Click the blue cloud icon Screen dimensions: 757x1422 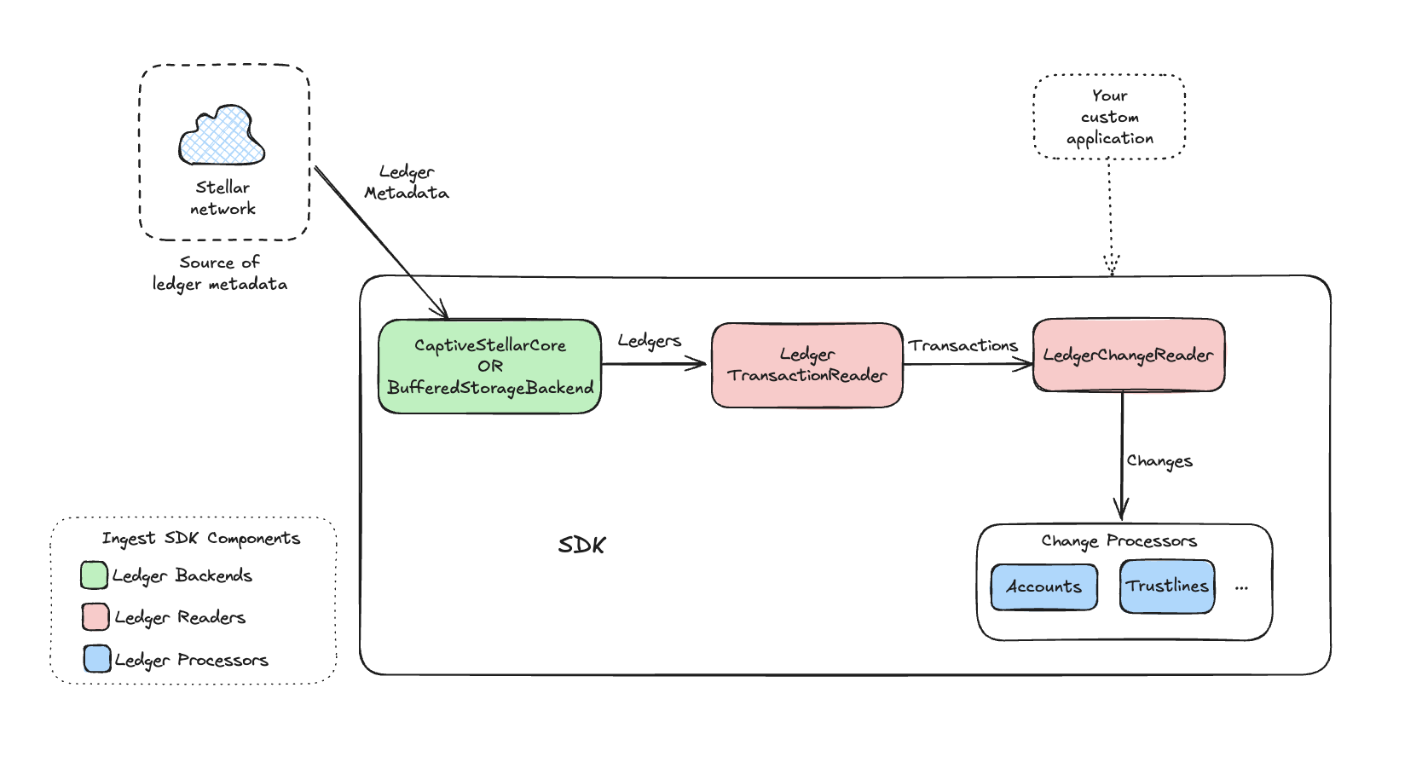point(222,136)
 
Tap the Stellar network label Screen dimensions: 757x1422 point(223,198)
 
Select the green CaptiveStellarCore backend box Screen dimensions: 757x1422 point(490,367)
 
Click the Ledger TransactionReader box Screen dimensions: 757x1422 point(807,365)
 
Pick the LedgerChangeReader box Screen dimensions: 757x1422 point(1129,355)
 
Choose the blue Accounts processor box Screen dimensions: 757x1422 point(1044,587)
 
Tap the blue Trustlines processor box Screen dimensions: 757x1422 point(1167,587)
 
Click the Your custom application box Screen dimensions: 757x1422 point(1109,117)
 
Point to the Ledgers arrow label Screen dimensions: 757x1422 point(650,341)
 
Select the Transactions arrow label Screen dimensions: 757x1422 point(963,345)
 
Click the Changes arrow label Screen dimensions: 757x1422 point(1159,461)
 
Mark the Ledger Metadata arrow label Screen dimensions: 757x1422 point(407,182)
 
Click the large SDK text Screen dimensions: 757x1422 point(582,546)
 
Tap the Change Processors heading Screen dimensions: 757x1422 point(1119,541)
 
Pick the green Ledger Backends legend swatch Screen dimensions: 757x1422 point(94,575)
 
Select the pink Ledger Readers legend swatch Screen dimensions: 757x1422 point(95,616)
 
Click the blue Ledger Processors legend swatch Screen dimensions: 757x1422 point(97,659)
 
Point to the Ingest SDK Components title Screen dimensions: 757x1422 point(201,539)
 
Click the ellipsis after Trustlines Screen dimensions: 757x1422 point(1241,587)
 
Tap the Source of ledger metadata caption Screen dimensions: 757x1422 point(220,273)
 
